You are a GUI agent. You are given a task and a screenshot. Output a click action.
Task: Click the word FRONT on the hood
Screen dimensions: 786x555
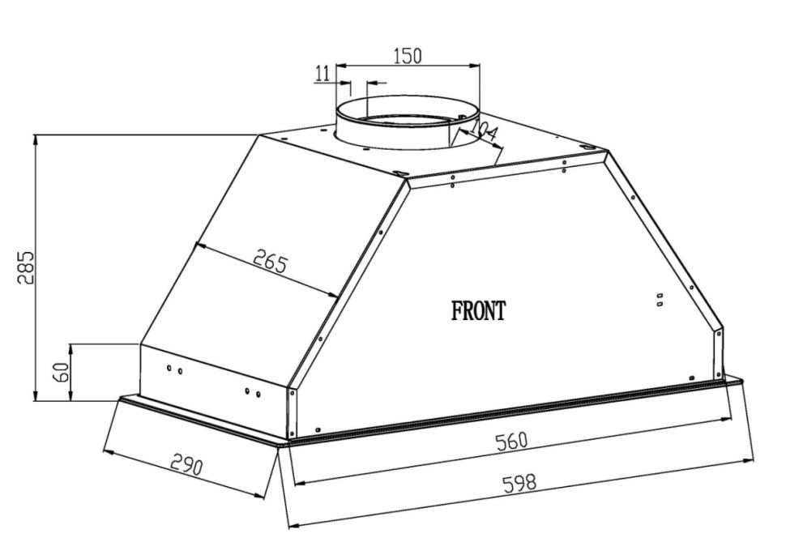[x=479, y=311]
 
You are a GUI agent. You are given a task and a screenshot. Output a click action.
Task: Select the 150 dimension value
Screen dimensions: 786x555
[x=407, y=55]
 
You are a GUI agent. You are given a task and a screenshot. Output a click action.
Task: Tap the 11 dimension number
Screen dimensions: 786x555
[x=323, y=73]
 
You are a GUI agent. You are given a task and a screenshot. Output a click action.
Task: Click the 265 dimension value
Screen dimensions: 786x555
[x=271, y=263]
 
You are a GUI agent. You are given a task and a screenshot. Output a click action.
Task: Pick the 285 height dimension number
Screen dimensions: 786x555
[x=26, y=267]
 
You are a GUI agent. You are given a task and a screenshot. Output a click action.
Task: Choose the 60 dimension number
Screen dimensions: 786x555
[x=62, y=372]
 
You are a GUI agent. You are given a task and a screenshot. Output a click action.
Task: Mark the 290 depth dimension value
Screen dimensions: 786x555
[x=186, y=464]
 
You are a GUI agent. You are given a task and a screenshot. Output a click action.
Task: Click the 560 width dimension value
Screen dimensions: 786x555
[x=512, y=442]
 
